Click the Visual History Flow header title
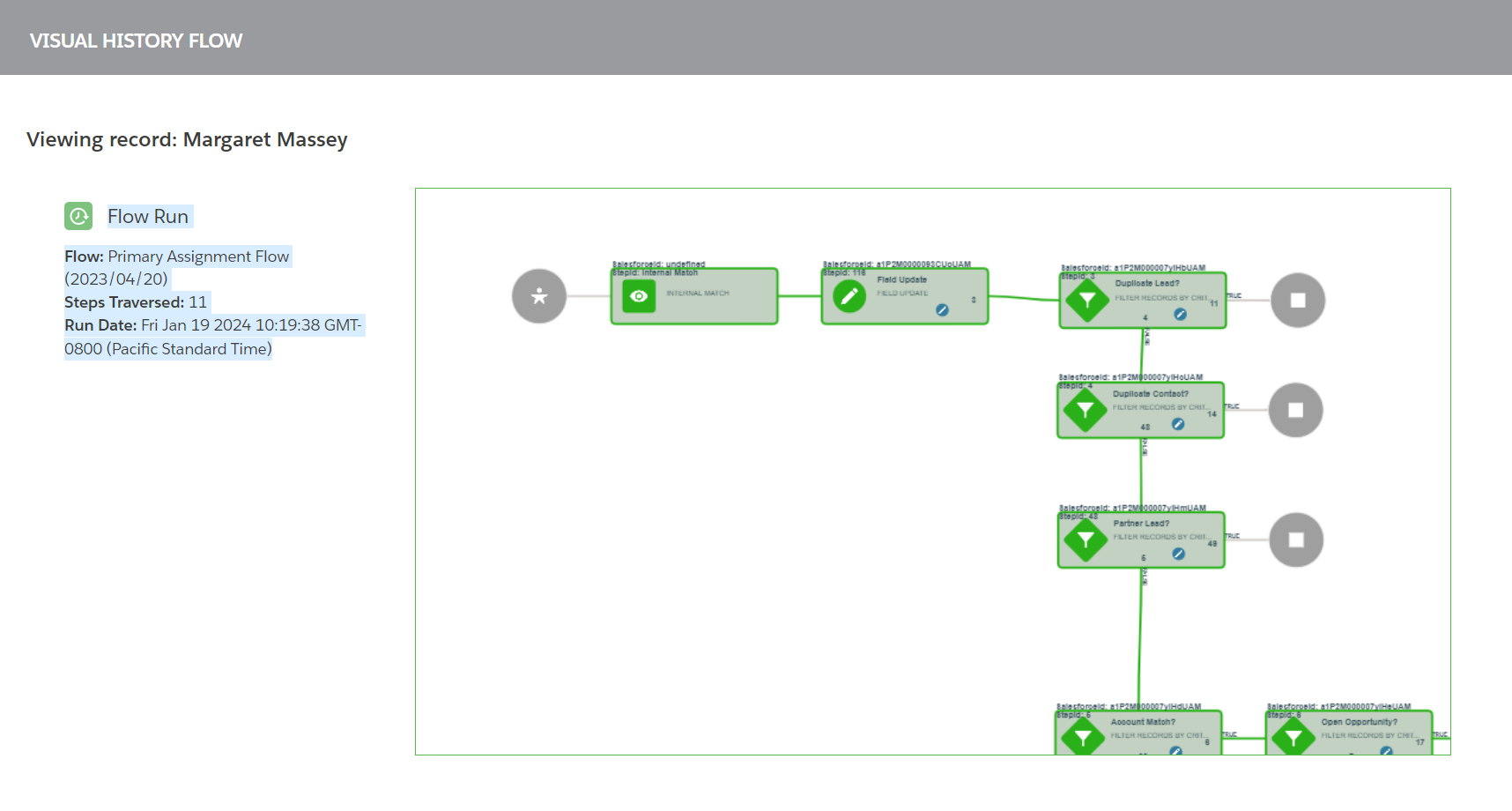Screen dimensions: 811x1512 tap(136, 41)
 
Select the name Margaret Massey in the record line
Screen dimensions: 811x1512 tap(265, 140)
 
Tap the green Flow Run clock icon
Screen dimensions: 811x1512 tap(78, 216)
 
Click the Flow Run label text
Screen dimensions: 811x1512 tap(148, 217)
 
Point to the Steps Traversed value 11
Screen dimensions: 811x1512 tap(198, 302)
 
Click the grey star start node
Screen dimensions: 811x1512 tap(539, 296)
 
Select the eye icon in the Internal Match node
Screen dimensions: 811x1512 tap(639, 296)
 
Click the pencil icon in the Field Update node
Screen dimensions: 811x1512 tap(849, 296)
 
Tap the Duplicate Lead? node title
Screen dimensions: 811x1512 tap(1146, 284)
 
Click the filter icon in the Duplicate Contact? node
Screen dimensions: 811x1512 tap(1086, 410)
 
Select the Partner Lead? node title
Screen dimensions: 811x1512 tap(1141, 524)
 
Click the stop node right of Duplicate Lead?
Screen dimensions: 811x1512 tap(1298, 301)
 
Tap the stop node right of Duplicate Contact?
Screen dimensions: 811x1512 tap(1296, 410)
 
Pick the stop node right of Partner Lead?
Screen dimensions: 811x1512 tap(1296, 539)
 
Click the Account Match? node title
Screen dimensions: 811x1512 tap(1143, 722)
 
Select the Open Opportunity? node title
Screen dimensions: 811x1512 tap(1359, 722)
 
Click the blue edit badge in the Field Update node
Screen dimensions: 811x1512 tap(942, 310)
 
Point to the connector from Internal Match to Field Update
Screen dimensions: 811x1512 tap(799, 296)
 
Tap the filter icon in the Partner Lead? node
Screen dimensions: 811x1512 tap(1086, 539)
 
